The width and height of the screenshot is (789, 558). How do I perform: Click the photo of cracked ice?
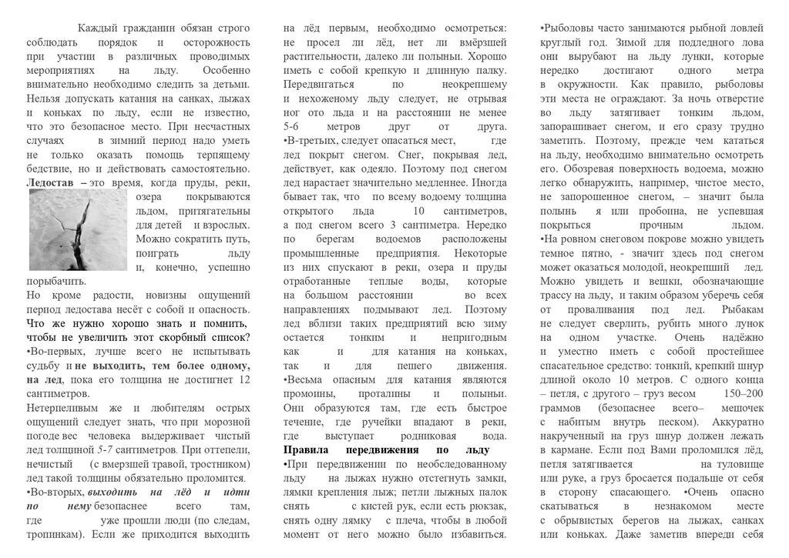76,229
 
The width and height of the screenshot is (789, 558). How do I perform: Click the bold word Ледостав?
52,183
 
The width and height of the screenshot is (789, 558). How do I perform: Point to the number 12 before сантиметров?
244,380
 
